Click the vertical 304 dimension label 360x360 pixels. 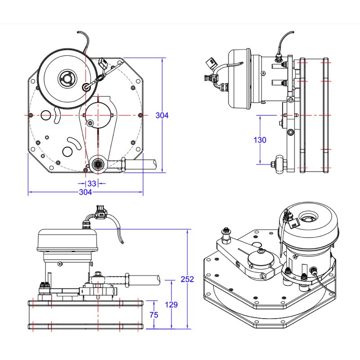[162, 115]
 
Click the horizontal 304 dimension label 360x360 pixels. [85, 192]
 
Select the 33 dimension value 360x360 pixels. [92, 184]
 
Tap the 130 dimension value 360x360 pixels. [260, 140]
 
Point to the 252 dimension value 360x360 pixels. [187, 279]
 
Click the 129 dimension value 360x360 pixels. [171, 305]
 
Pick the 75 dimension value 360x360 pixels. [153, 315]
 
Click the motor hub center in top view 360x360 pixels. [67, 78]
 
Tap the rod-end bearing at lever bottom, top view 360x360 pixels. [98, 163]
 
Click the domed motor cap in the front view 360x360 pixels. [66, 239]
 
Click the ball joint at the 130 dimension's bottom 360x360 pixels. [279, 164]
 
